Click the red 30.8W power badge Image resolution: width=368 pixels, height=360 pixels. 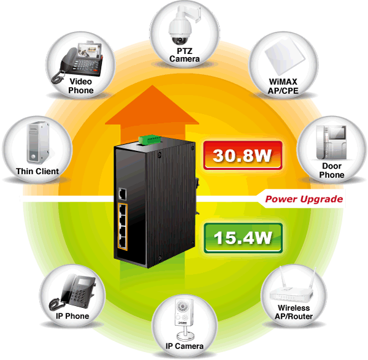pyautogui.click(x=243, y=155)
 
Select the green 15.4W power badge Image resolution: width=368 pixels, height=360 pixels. pyautogui.click(x=243, y=238)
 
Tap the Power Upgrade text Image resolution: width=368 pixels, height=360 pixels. pyautogui.click(x=304, y=199)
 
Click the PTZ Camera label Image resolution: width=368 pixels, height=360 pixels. pyautogui.click(x=185, y=55)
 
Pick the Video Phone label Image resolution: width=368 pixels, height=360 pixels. pyautogui.click(x=81, y=86)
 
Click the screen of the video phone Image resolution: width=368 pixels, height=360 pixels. pyautogui.click(x=90, y=50)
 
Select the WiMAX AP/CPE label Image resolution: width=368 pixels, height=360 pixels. pyautogui.click(x=283, y=86)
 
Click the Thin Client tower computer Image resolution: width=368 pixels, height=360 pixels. pyautogui.click(x=38, y=142)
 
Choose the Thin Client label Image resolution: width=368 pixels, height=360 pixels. pyautogui.click(x=37, y=171)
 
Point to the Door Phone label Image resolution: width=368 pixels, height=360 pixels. pyautogui.click(x=332, y=170)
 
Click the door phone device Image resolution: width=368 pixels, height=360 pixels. pyautogui.click(x=331, y=142)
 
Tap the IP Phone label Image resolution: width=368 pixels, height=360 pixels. pyautogui.click(x=72, y=316)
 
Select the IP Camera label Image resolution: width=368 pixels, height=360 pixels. pyautogui.click(x=185, y=346)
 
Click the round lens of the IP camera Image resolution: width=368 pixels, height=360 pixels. pyautogui.click(x=182, y=306)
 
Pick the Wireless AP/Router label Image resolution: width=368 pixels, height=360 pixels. pyautogui.click(x=294, y=312)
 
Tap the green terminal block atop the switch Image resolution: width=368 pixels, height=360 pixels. pyautogui.click(x=150, y=140)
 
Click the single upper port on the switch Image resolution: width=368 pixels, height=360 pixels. pyautogui.click(x=122, y=194)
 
